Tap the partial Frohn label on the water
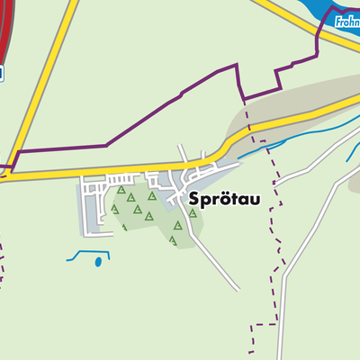point(346,22)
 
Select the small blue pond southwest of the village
point(97,263)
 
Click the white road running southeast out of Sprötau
point(216,261)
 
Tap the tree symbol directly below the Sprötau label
point(193,213)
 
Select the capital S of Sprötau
point(193,200)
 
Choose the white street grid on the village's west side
point(90,202)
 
